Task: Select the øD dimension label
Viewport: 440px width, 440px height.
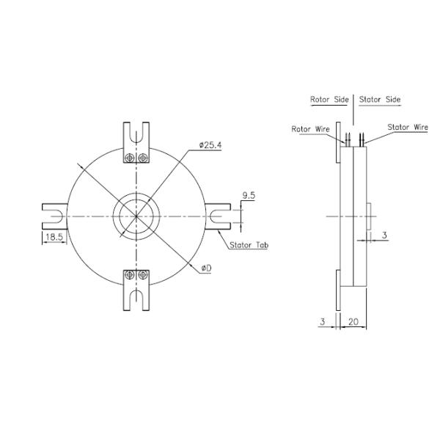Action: point(205,268)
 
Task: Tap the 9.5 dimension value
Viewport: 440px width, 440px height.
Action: point(248,196)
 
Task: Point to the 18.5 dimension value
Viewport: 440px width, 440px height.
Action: point(54,238)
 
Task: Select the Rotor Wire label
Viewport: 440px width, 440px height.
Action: point(309,128)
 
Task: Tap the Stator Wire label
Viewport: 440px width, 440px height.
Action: point(407,127)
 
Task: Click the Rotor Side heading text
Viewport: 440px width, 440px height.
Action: point(330,99)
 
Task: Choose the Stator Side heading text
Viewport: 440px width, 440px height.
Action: point(379,99)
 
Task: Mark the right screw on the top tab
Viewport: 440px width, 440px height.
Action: point(143,158)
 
